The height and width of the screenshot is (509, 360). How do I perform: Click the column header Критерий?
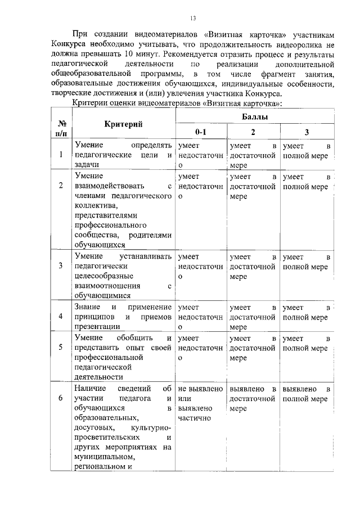[x=122, y=124]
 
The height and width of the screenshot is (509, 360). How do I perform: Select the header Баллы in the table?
[x=254, y=116]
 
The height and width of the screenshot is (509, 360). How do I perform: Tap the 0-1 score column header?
[x=200, y=132]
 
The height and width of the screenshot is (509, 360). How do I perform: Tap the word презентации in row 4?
[x=96, y=326]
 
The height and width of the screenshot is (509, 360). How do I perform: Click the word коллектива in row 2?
[x=93, y=206]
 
